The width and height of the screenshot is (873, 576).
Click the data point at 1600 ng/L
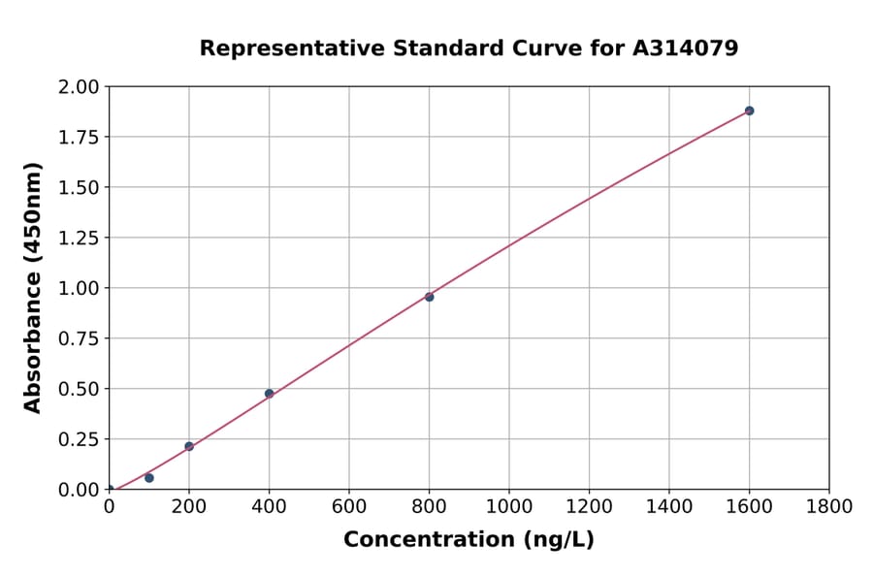pyautogui.click(x=749, y=111)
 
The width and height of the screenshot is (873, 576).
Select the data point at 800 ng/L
pyautogui.click(x=429, y=297)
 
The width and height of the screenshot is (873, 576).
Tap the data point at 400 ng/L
pyautogui.click(x=269, y=394)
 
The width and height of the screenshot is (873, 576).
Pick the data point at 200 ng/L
pyautogui.click(x=189, y=446)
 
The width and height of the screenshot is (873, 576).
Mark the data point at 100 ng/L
pyautogui.click(x=148, y=478)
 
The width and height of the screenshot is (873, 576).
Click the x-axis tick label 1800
pyautogui.click(x=829, y=507)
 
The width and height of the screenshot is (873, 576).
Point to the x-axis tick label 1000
pyautogui.click(x=509, y=507)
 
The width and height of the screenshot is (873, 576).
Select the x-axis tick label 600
pyautogui.click(x=349, y=507)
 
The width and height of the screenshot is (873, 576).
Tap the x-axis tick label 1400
pyautogui.click(x=669, y=507)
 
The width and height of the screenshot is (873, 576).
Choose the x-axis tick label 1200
pyautogui.click(x=589, y=507)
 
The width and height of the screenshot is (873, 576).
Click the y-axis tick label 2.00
pyautogui.click(x=79, y=87)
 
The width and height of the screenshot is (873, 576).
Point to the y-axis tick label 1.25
pyautogui.click(x=79, y=238)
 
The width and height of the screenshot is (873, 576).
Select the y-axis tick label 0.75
pyautogui.click(x=79, y=338)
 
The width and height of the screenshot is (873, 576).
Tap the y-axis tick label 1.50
pyautogui.click(x=79, y=187)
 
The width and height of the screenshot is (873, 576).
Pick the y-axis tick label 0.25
pyautogui.click(x=79, y=439)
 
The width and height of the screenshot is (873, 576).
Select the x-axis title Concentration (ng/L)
pyautogui.click(x=469, y=540)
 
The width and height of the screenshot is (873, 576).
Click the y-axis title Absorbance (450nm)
pyautogui.click(x=33, y=288)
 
